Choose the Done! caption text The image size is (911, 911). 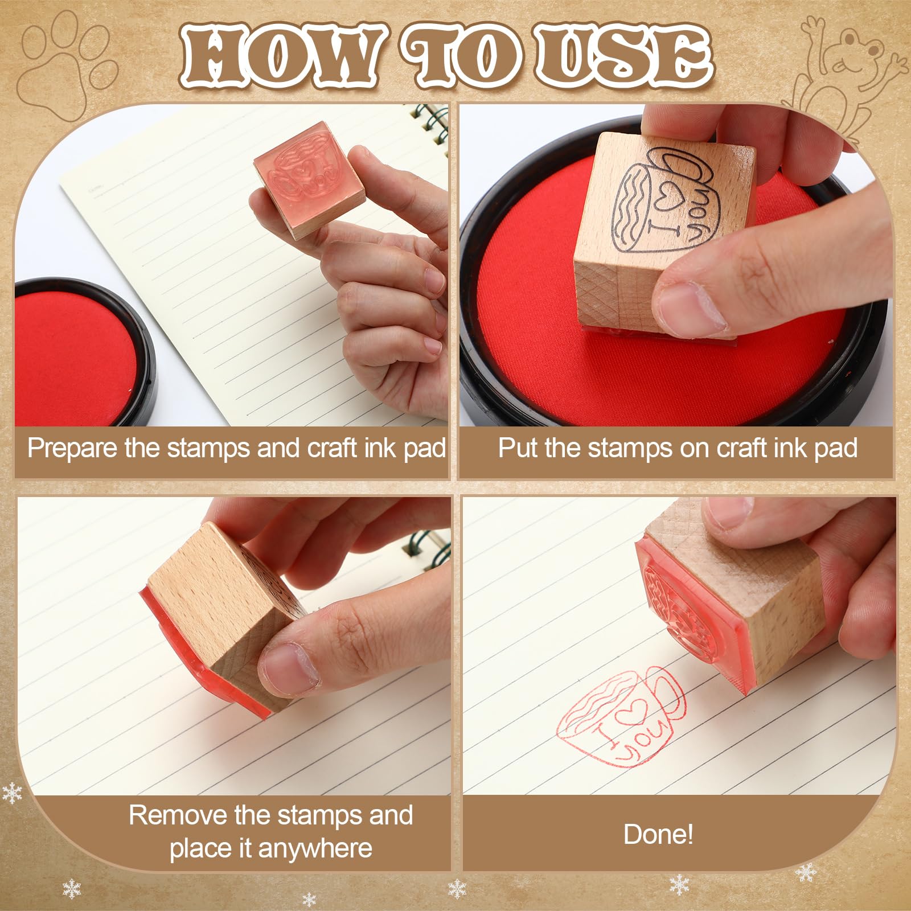[659, 834]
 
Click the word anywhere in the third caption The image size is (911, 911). [315, 849]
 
